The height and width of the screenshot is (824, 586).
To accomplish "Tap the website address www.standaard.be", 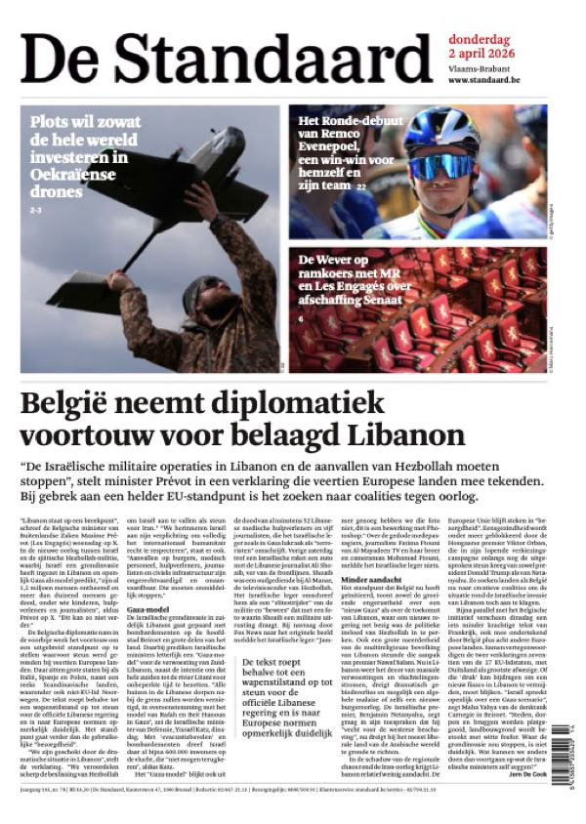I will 483,79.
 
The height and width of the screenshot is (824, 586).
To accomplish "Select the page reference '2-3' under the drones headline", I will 36,210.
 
